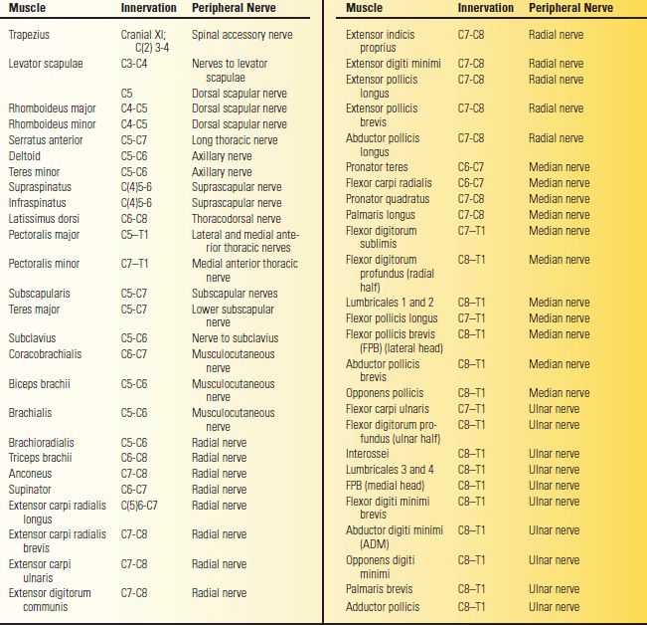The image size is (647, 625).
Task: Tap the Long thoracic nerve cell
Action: pos(235,140)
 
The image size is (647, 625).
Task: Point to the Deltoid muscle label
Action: pos(24,156)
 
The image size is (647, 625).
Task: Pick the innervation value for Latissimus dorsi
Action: pos(134,218)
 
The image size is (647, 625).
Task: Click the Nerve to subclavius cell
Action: pos(235,337)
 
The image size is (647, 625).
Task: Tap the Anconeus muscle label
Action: pos(30,474)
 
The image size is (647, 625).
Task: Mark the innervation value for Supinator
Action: pos(134,490)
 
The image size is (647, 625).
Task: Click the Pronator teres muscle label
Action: pos(377,167)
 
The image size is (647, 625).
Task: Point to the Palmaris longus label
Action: pos(381,214)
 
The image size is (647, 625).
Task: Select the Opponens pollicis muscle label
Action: pos(387,393)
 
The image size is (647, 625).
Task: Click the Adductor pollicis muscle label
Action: pos(383,606)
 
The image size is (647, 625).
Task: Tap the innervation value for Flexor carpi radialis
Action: pos(471,183)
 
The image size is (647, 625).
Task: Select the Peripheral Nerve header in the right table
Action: pos(570,8)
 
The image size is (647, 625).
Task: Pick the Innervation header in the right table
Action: pos(485,8)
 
